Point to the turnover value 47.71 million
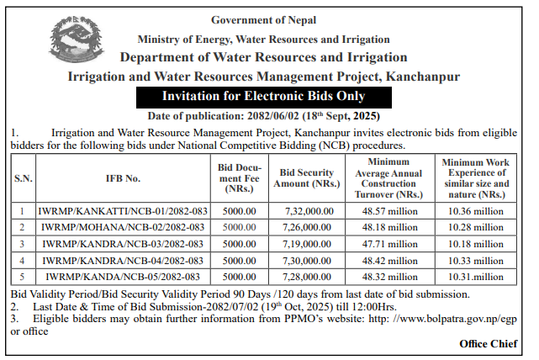[x=389, y=244]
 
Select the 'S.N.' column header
[x=23, y=178]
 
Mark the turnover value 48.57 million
[x=389, y=211]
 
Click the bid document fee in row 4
[x=238, y=260]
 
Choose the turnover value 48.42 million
[x=389, y=260]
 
